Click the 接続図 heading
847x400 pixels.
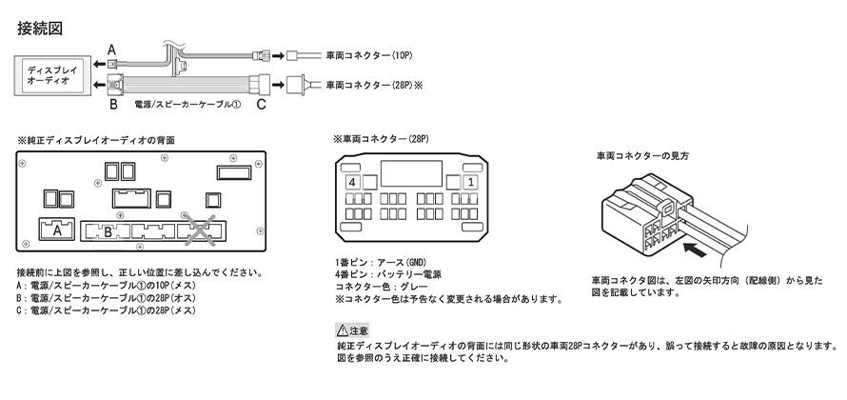pyautogui.click(x=40, y=28)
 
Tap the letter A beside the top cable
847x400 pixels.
pyautogui.click(x=110, y=49)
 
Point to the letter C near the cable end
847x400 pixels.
pyautogui.click(x=259, y=105)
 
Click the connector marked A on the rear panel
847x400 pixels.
pyautogui.click(x=58, y=230)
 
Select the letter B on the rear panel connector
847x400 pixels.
pyautogui.click(x=108, y=230)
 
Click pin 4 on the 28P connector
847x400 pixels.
pyautogui.click(x=353, y=181)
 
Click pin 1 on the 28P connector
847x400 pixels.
pyautogui.click(x=470, y=181)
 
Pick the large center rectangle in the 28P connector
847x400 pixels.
pyautogui.click(x=411, y=173)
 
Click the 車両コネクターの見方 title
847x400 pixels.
pyautogui.click(x=642, y=154)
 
